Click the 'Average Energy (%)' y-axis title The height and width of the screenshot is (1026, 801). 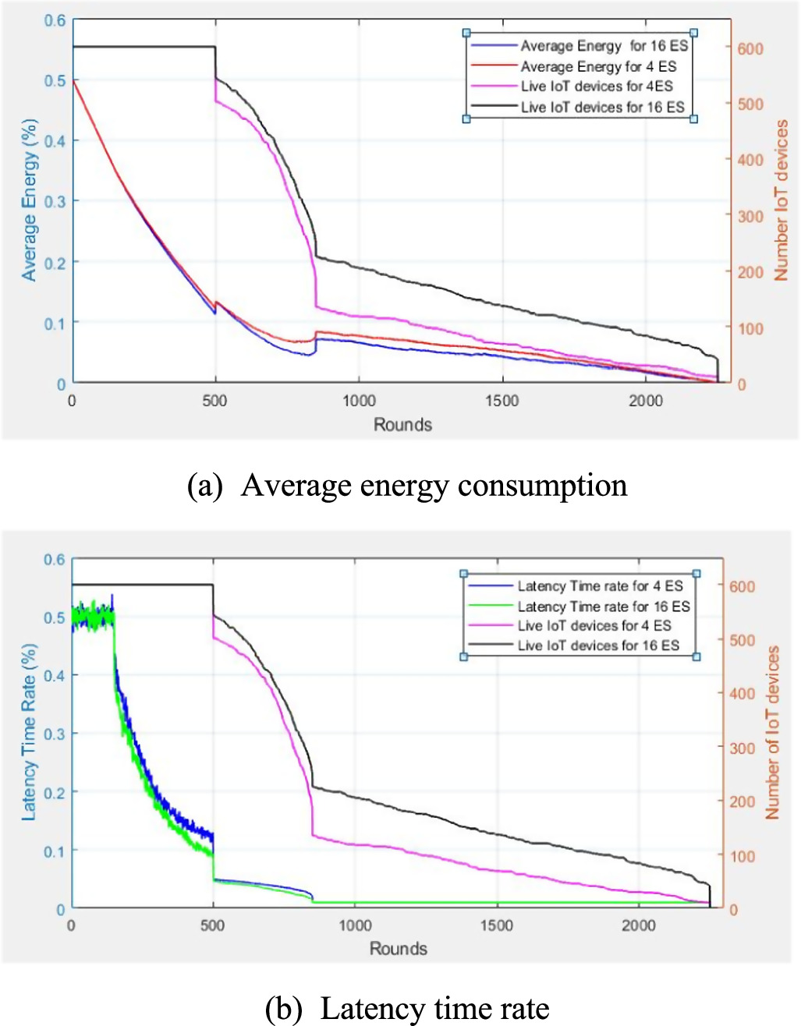coord(30,200)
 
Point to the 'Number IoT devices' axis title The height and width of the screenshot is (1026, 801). coord(781,200)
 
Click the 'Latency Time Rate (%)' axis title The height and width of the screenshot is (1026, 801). coord(29,732)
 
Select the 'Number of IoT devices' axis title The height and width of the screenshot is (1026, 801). coord(772,732)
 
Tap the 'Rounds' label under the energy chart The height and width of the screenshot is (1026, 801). coord(402,425)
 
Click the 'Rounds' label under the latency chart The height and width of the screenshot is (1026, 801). coord(399,949)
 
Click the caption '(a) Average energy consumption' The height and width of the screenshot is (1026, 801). coord(407,486)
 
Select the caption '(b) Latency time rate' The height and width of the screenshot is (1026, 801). coord(407,1009)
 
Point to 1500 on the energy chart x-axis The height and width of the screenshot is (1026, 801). coord(502,401)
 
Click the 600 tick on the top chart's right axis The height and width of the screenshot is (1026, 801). coord(750,48)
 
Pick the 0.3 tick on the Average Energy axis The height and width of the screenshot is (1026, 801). coord(55,201)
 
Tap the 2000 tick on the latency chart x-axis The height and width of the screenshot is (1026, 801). coord(639,925)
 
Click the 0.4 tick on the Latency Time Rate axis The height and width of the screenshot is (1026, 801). coord(54,675)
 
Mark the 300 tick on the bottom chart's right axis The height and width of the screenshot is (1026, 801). coord(742,748)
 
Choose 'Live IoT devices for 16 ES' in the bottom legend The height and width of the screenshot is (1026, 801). coord(598,646)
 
